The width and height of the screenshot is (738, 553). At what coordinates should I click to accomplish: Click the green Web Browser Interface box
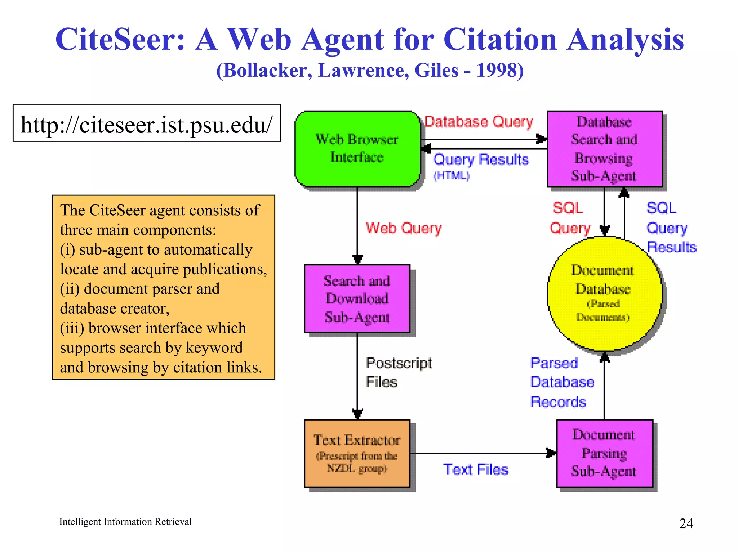[357, 148]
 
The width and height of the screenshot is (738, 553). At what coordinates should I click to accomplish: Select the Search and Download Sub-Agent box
[357, 298]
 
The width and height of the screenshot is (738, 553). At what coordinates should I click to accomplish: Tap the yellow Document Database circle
[604, 293]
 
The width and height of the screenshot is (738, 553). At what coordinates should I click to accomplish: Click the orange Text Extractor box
[357, 453]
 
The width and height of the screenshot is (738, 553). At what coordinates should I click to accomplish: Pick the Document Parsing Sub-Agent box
[604, 453]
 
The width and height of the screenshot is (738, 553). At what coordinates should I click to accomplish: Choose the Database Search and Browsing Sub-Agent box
[604, 148]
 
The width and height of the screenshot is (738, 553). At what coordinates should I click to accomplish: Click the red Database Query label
[479, 122]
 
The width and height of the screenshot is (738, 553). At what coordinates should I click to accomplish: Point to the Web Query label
[404, 228]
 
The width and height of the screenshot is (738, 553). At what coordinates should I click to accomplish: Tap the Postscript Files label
[399, 372]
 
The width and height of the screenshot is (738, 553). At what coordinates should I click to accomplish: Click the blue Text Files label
[475, 469]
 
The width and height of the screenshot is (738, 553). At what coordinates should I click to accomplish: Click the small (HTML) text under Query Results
[451, 175]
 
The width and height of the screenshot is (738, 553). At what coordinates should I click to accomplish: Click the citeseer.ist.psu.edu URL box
[147, 123]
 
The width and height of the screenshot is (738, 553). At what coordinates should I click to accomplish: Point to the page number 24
[686, 523]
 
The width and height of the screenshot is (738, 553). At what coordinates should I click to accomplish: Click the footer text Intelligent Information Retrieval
[125, 522]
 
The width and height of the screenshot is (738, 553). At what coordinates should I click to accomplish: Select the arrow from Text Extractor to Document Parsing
[483, 453]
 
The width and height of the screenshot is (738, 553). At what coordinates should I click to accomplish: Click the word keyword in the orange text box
[214, 348]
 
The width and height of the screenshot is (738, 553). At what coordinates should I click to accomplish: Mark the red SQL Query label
[569, 218]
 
